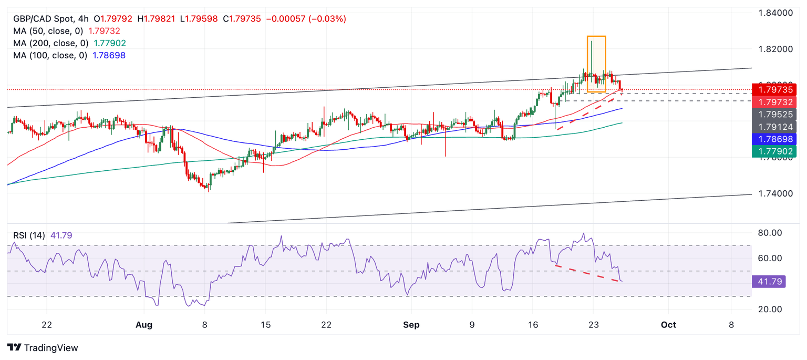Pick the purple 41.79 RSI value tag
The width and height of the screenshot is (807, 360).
pos(769,282)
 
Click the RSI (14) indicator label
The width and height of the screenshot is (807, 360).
pos(29,235)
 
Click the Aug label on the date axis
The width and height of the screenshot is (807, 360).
pos(143,325)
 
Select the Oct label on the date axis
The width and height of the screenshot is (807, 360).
pos(668,325)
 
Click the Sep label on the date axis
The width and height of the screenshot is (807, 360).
pos(411,325)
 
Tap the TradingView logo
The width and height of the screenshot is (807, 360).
pos(43,348)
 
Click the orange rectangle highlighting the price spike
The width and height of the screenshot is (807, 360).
pos(596,64)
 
